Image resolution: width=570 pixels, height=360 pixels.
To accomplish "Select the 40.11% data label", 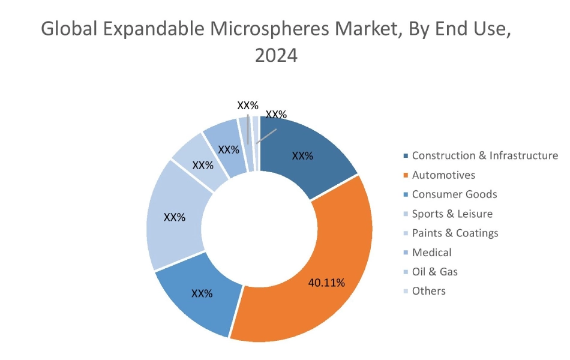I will (x=326, y=283).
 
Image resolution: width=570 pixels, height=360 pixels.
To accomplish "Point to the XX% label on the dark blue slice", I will (x=302, y=156).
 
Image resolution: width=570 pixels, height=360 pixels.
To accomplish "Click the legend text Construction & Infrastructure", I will (x=485, y=155).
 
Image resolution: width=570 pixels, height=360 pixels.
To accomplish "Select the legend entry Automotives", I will (x=443, y=175).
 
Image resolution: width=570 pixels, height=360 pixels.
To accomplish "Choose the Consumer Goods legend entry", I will (x=454, y=194).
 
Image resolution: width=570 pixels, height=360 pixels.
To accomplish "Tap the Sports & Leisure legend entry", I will (x=452, y=213).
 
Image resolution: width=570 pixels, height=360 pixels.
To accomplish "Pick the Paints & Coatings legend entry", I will (x=455, y=232).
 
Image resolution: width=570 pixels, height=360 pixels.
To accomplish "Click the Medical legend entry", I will (x=431, y=252).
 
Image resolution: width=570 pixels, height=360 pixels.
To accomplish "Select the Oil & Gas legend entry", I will (x=434, y=271).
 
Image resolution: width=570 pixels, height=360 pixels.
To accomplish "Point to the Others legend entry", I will (x=428, y=290).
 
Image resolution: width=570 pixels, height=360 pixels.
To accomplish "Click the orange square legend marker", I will (x=406, y=175).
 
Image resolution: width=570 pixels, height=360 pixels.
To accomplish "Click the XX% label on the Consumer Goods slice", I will (x=202, y=293).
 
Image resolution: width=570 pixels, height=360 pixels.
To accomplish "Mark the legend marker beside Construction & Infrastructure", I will (x=406, y=156).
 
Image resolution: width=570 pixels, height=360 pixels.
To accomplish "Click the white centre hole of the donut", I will (x=259, y=228).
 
